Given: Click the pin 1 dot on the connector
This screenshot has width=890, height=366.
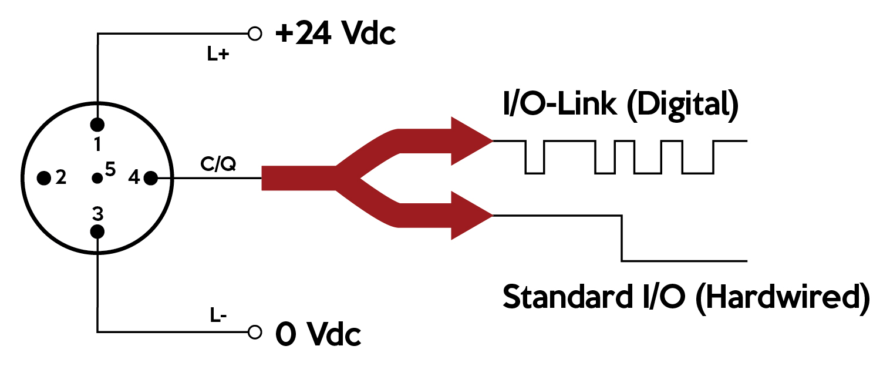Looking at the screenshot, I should point(97,125).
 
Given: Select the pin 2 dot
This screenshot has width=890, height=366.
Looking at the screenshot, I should point(43,178).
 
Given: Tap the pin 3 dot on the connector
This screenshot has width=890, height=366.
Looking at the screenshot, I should point(97,231).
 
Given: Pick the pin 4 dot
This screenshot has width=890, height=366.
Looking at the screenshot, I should point(150,177).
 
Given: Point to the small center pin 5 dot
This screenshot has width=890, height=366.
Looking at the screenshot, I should point(97,177).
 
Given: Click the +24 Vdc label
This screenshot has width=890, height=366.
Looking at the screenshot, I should point(335,34).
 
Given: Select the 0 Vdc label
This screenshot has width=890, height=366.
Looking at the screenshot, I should point(318,335).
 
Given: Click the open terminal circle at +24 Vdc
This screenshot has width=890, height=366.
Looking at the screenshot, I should point(255,33).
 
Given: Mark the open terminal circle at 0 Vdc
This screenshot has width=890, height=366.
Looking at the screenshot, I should point(255,333).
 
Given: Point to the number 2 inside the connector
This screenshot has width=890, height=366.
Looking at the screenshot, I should point(60,178).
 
